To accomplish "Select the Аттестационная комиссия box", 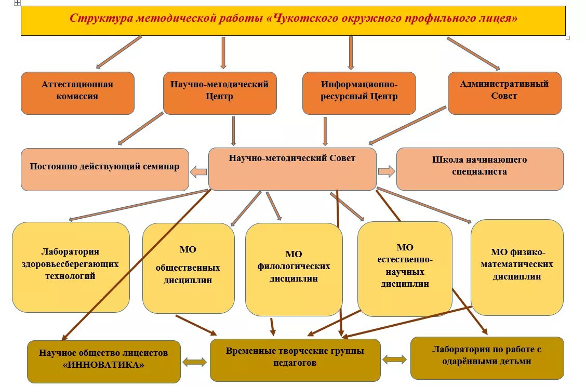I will (77, 93).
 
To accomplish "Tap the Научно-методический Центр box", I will (220, 93).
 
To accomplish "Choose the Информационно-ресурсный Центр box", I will (359, 93).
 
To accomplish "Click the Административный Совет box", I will (504, 93).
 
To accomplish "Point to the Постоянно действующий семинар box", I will (104, 169).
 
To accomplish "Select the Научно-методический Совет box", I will (292, 169).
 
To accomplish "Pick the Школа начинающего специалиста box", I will (480, 169).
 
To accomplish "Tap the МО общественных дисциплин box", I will (188, 268).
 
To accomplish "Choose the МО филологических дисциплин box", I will (294, 269).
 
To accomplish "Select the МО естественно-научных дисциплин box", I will (405, 269).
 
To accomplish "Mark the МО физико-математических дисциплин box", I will (517, 267).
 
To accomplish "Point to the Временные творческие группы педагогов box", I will (295, 360).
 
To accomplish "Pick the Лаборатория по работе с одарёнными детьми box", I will (487, 358).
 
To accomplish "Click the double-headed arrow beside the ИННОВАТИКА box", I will (195, 362).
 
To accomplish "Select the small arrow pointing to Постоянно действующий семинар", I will (198, 172).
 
